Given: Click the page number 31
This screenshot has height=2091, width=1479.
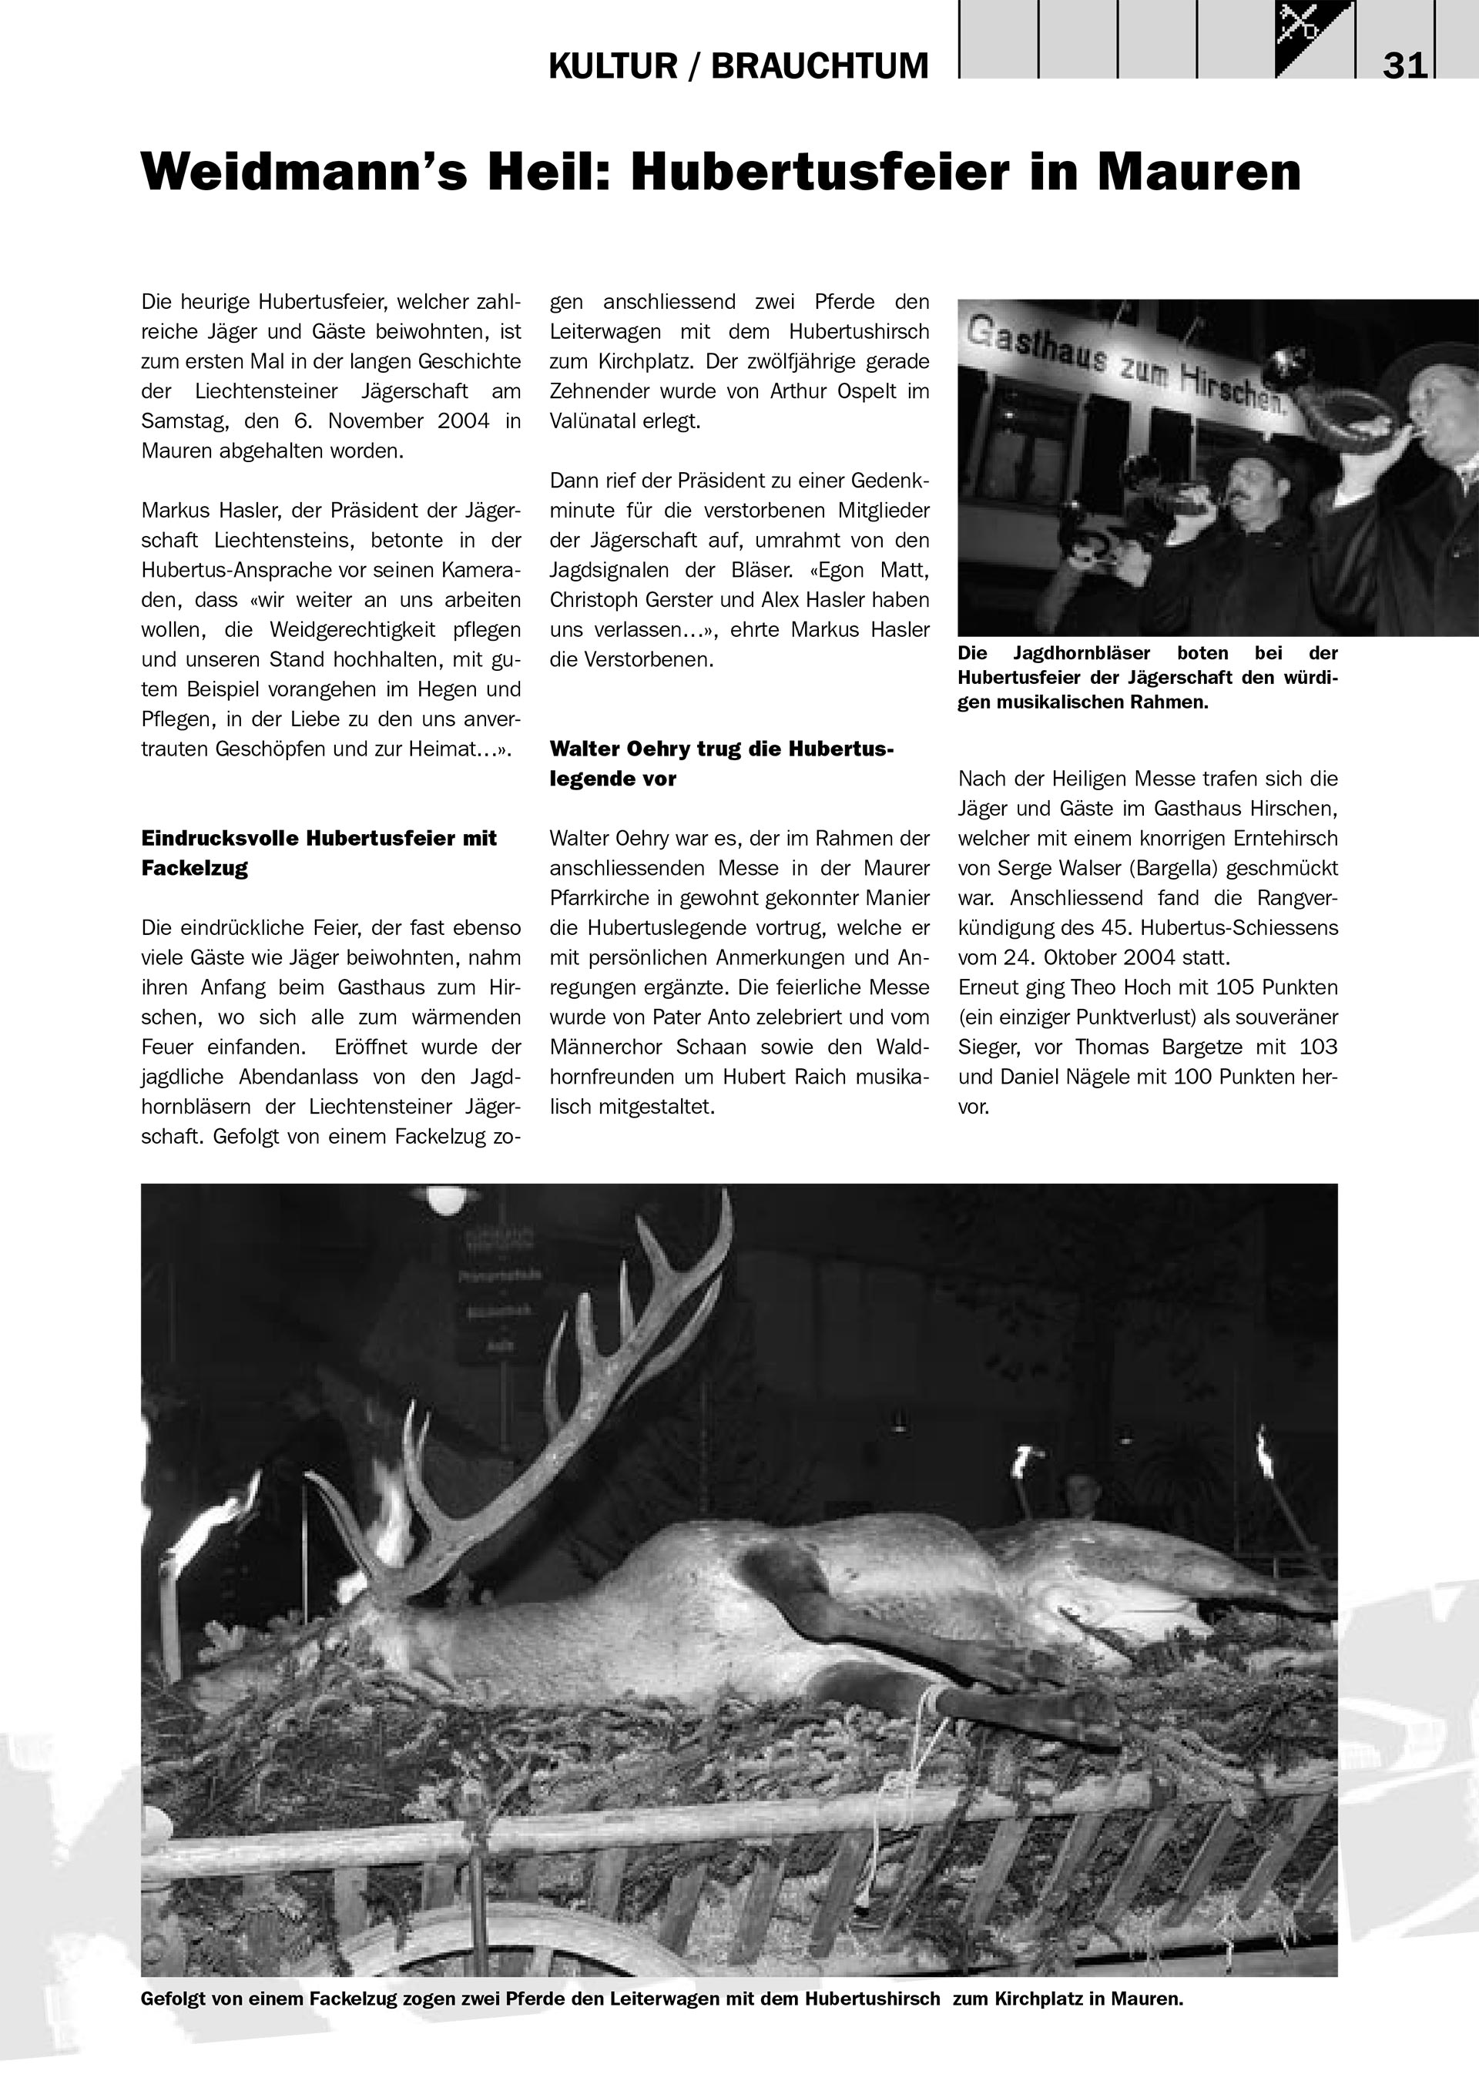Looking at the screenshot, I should coord(1405,66).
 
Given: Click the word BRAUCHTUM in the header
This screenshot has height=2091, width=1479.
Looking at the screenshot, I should coord(820,66).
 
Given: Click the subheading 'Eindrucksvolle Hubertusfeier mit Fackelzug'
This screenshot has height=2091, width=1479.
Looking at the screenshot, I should coord(319,853).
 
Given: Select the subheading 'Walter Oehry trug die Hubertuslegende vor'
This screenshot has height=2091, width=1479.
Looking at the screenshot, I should coord(721,763).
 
